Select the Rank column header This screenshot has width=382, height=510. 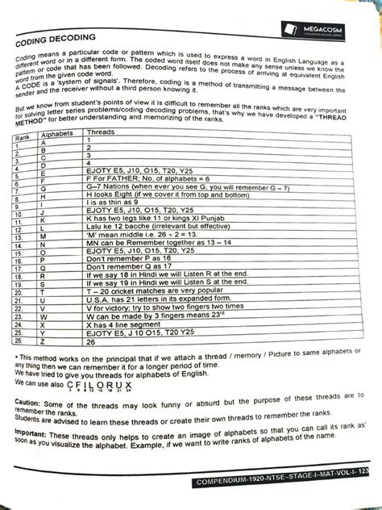point(26,139)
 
